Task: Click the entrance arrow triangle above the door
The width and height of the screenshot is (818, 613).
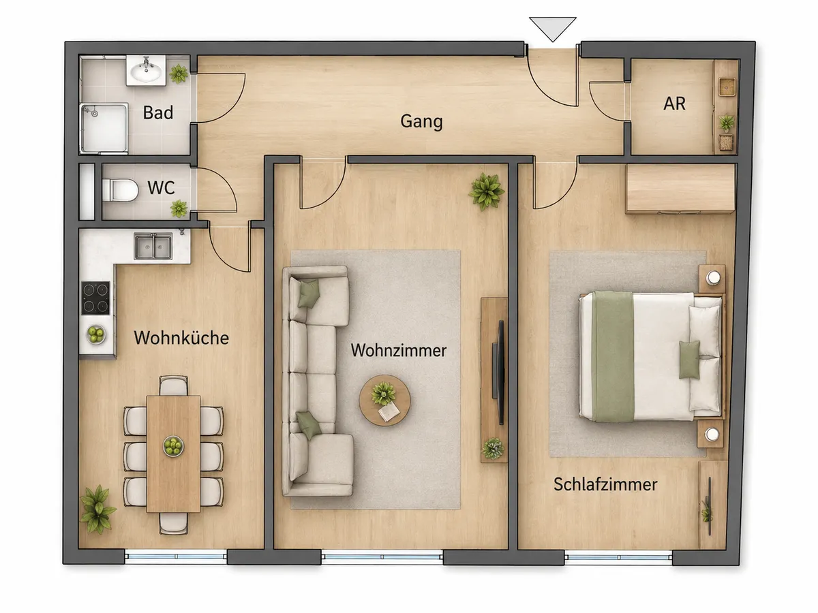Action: [553, 28]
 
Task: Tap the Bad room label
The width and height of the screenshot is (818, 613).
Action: [158, 112]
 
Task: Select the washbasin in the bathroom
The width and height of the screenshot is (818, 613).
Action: [146, 71]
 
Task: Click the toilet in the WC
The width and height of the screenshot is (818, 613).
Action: [120, 190]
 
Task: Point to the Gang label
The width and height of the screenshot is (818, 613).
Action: [421, 122]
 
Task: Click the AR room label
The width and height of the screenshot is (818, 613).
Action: [674, 104]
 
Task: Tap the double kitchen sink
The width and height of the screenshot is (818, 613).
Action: [153, 247]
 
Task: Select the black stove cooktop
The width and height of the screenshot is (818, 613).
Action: [96, 298]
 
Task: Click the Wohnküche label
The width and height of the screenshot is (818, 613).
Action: [181, 338]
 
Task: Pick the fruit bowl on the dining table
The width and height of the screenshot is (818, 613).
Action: [173, 446]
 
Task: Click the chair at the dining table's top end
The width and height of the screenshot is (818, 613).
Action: [173, 386]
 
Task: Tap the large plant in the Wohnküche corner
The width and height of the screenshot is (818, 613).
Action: [97, 508]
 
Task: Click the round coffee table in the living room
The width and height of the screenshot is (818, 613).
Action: [384, 400]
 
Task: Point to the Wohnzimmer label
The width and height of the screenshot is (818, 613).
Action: [398, 350]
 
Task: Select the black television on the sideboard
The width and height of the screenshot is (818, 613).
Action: [498, 372]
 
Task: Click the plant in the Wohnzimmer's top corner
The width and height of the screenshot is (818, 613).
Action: [486, 191]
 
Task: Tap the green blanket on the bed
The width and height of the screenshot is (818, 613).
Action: [613, 356]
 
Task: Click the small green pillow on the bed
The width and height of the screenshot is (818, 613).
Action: [689, 360]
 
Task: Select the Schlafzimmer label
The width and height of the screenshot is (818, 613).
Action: [605, 484]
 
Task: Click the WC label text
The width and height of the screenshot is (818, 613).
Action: [161, 187]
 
